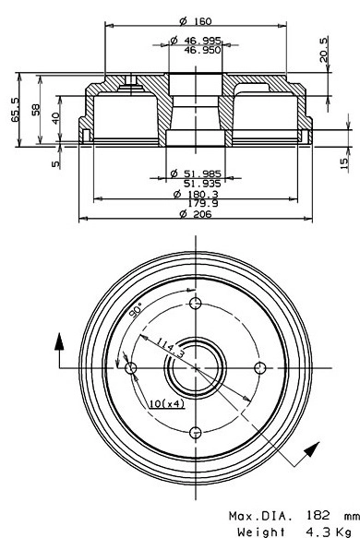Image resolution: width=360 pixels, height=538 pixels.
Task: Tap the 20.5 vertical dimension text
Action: point(323,48)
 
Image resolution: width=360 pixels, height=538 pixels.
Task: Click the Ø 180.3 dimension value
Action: point(197,195)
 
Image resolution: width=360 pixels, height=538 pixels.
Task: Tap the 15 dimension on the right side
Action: point(342,162)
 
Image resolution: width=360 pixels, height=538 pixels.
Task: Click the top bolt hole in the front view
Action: point(194,305)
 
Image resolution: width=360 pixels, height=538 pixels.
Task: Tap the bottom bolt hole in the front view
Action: point(194,432)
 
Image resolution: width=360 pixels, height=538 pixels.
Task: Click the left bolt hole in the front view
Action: point(131,369)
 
